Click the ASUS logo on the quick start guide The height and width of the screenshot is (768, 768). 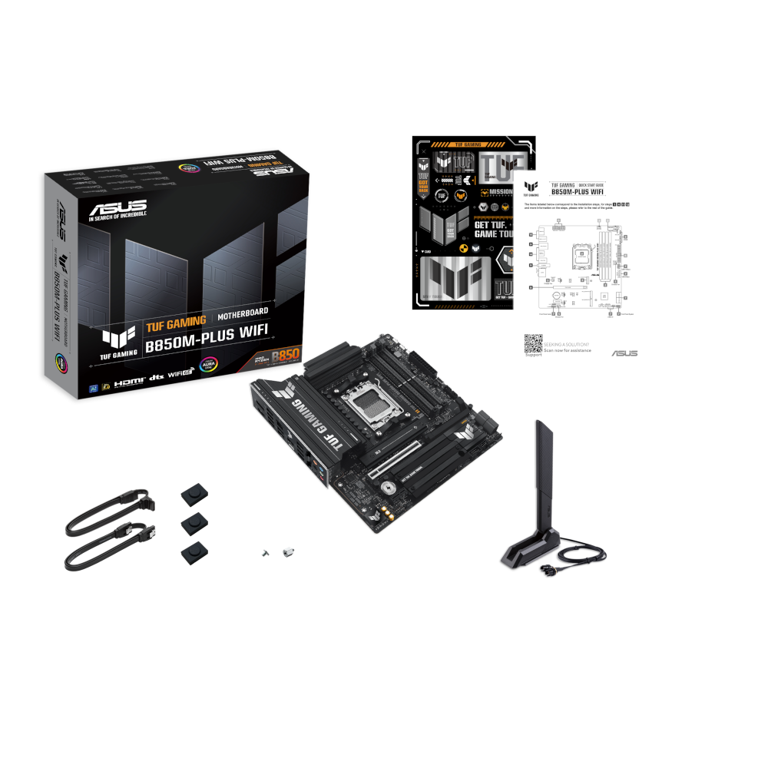(x=623, y=353)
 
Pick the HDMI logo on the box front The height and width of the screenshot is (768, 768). (x=128, y=381)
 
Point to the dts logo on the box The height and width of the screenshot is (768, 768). (x=156, y=379)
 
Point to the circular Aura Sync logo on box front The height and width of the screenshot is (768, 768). (x=207, y=364)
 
